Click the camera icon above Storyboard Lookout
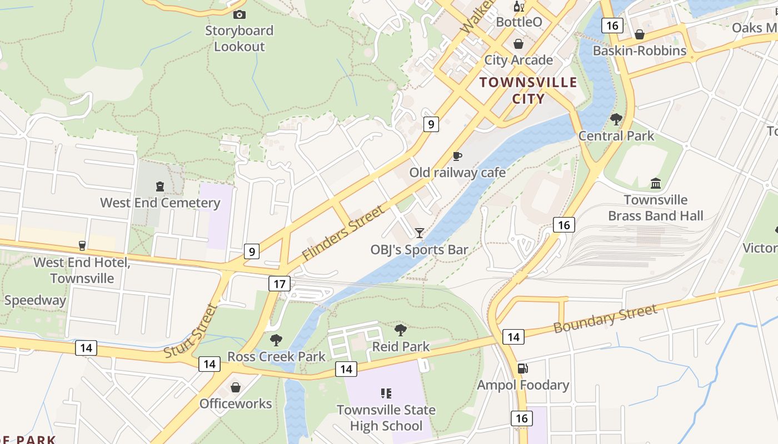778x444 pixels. click(x=240, y=14)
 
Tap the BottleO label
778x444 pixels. click(x=518, y=22)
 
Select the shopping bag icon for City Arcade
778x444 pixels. click(x=518, y=44)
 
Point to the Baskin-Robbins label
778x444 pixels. click(x=639, y=51)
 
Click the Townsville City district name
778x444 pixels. click(x=528, y=90)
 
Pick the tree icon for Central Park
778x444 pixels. click(x=616, y=119)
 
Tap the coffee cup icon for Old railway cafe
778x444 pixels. click(x=457, y=156)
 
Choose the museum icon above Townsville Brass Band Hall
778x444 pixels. click(x=656, y=183)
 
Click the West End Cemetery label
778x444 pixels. click(x=160, y=203)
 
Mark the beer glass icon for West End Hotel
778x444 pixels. click(x=82, y=245)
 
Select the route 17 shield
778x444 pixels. click(x=279, y=284)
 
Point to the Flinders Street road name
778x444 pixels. click(x=343, y=234)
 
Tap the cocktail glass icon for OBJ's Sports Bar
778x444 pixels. click(x=420, y=233)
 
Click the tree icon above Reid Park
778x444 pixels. click(x=400, y=330)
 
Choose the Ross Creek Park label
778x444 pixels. click(x=276, y=356)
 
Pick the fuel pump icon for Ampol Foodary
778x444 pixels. click(x=522, y=368)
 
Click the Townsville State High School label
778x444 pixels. click(x=386, y=418)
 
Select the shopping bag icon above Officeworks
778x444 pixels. click(x=236, y=387)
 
